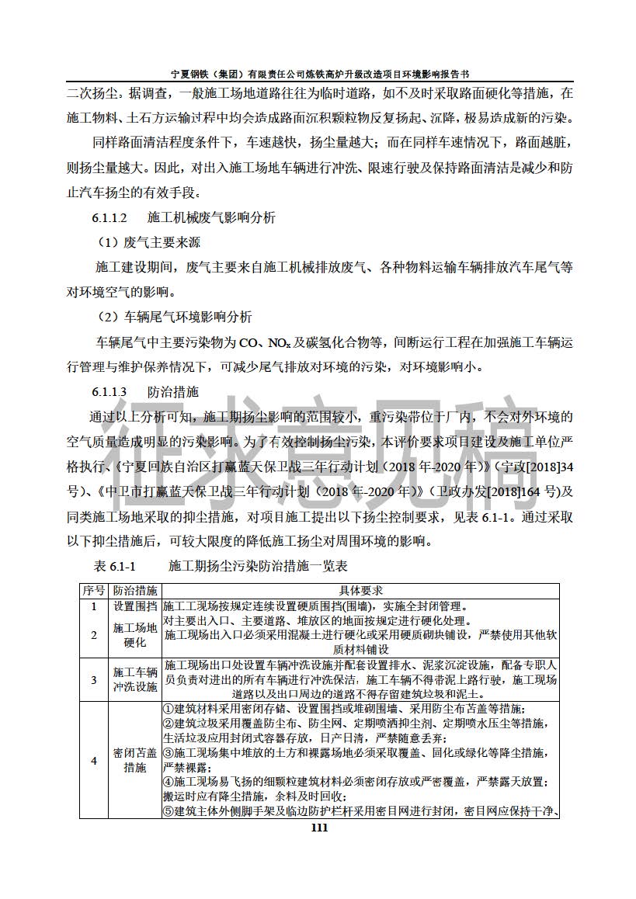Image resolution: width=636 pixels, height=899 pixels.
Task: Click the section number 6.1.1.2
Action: click(110, 218)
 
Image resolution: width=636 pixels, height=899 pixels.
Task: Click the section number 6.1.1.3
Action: click(110, 391)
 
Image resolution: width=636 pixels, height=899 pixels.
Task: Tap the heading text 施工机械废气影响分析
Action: click(210, 218)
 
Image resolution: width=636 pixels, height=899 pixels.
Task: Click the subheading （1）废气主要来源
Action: click(148, 242)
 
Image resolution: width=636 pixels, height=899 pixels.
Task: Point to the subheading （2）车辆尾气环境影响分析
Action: click(174, 317)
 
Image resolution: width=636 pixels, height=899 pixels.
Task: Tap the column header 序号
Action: click(93, 592)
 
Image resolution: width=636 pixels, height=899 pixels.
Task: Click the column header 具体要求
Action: click(360, 592)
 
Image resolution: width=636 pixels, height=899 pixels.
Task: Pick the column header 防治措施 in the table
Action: click(135, 592)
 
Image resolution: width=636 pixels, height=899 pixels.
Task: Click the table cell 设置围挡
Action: click(135, 606)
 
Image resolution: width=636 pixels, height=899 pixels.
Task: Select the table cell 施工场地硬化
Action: click(135, 635)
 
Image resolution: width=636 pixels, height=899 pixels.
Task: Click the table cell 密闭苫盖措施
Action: click(135, 761)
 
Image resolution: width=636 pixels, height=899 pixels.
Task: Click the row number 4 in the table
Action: click(93, 761)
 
